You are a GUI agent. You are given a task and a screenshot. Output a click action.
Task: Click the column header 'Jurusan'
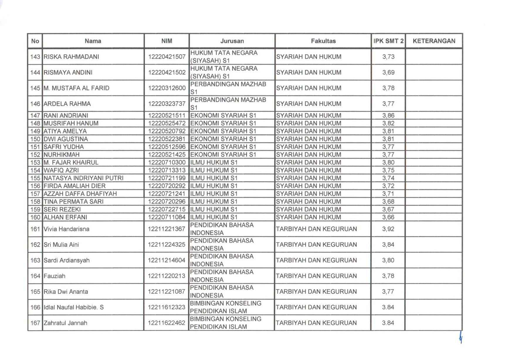tap(232, 41)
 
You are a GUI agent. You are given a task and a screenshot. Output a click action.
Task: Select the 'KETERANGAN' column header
tap(434, 41)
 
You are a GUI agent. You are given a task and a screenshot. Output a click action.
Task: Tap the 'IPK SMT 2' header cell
tap(388, 41)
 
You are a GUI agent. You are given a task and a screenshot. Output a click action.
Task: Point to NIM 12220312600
tap(167, 88)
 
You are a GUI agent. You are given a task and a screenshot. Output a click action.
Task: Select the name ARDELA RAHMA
tap(67, 104)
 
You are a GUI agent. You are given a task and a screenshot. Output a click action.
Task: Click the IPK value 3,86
tap(388, 116)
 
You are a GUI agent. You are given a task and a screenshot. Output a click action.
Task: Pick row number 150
tap(35, 139)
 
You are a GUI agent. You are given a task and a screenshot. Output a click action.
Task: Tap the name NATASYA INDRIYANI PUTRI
tap(84, 178)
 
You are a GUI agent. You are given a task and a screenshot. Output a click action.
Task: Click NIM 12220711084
tap(167, 217)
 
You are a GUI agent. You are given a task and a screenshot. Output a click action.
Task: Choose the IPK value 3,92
tap(388, 229)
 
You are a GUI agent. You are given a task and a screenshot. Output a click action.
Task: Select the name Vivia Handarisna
tap(67, 229)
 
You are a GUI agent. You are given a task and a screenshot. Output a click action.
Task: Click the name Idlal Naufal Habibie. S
tap(74, 307)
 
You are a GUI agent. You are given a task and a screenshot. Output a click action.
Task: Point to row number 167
tap(35, 323)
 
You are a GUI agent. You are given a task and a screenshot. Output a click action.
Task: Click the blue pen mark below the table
tap(461, 338)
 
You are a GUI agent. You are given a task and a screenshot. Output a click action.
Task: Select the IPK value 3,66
tap(388, 217)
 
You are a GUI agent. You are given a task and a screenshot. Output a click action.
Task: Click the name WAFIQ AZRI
tap(61, 170)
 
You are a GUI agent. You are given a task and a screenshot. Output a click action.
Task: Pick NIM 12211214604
tap(167, 261)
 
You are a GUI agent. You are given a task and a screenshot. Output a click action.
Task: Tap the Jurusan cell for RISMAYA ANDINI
tap(224, 72)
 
